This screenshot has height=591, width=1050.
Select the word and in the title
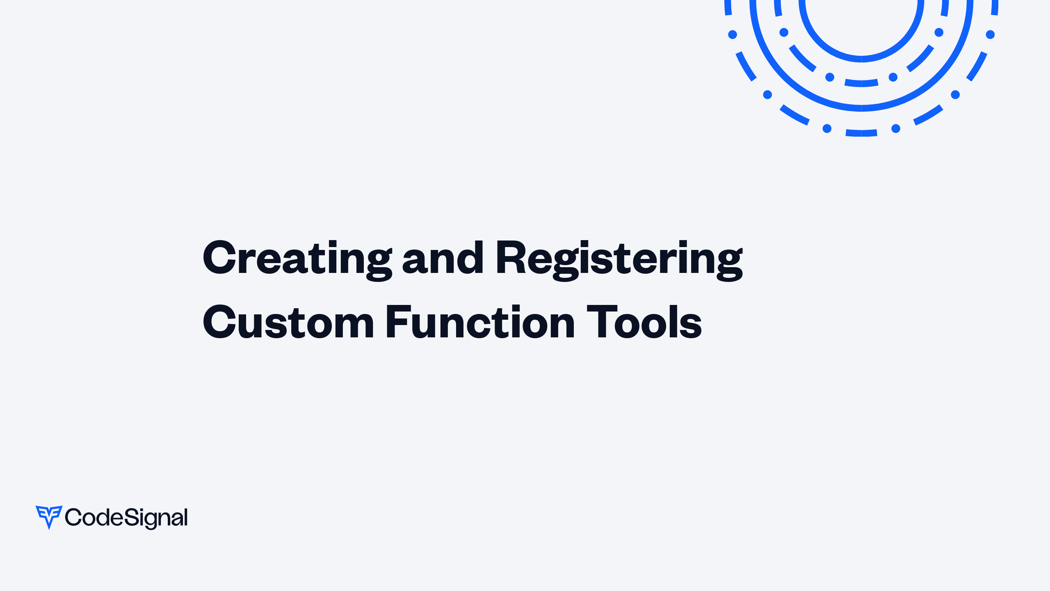(443, 259)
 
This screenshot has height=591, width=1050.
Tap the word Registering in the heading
(619, 259)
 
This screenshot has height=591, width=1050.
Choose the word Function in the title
(480, 323)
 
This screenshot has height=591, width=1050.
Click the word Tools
(644, 323)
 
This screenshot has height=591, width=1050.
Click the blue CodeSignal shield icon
(49, 516)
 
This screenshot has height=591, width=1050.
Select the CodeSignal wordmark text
(126, 518)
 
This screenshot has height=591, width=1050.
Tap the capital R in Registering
(510, 258)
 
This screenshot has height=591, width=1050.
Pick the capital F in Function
(398, 323)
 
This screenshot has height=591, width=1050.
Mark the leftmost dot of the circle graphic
(733, 34)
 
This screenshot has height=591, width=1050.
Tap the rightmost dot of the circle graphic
(990, 34)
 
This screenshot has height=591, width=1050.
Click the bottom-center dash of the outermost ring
(861, 133)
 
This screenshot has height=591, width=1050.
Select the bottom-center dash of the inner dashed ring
(861, 83)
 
